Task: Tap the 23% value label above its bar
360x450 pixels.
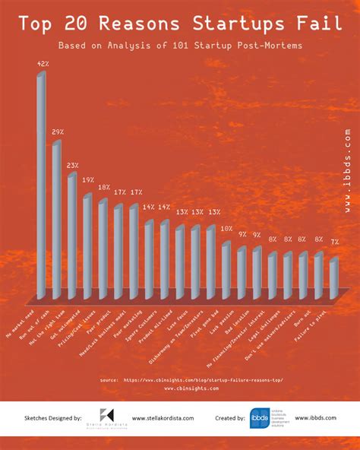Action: [72, 165]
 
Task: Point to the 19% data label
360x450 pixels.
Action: [88, 180]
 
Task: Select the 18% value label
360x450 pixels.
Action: [104, 187]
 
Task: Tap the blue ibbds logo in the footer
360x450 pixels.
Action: [259, 417]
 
